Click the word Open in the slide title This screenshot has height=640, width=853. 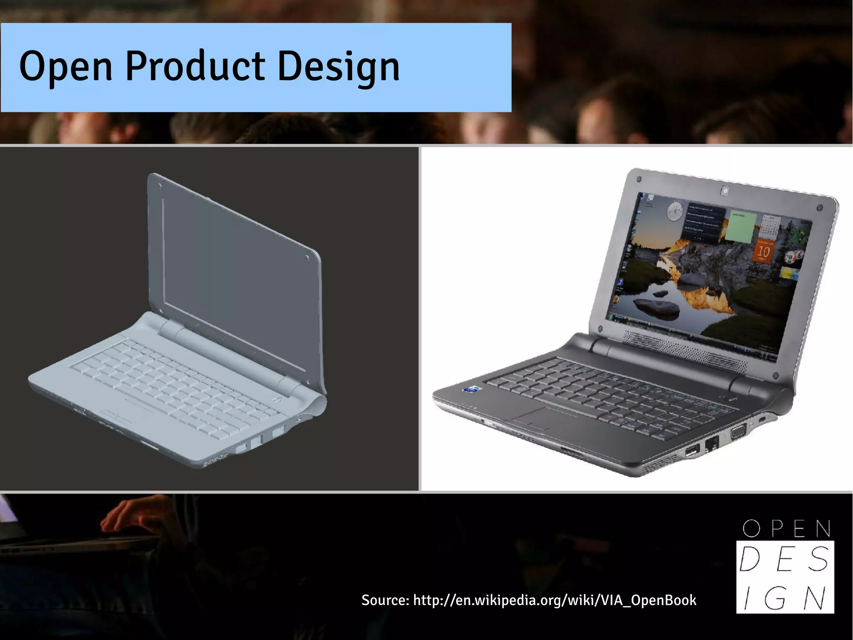pyautogui.click(x=66, y=67)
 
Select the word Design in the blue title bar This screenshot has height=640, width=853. pyautogui.click(x=338, y=67)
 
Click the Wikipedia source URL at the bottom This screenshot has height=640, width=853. pyautogui.click(x=554, y=600)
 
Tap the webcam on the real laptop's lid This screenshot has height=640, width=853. pyautogui.click(x=725, y=191)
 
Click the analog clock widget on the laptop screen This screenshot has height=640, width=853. pyautogui.click(x=675, y=211)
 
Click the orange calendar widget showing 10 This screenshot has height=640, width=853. pyautogui.click(x=763, y=251)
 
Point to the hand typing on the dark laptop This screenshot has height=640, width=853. pyautogui.click(x=125, y=517)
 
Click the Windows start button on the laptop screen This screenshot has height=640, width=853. pyautogui.click(x=611, y=317)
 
